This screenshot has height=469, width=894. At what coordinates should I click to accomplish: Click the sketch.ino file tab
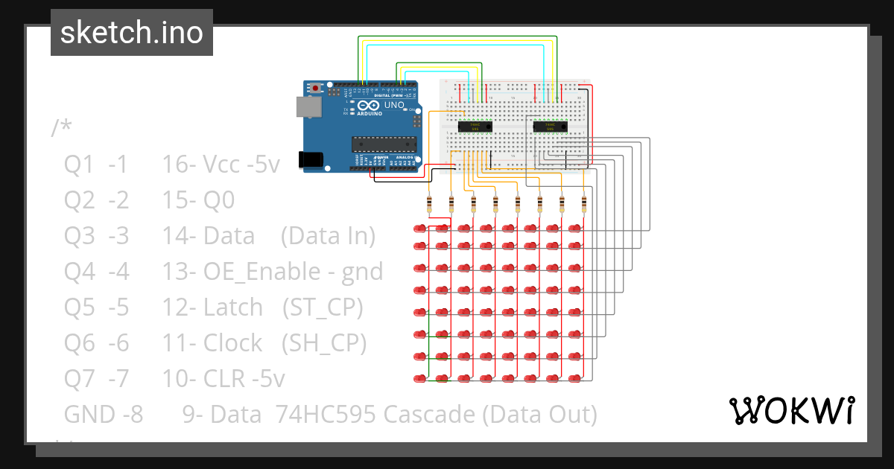click(x=131, y=33)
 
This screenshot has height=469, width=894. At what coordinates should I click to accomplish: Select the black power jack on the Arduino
click(x=311, y=159)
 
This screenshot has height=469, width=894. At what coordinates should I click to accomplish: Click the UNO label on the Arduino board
click(x=394, y=106)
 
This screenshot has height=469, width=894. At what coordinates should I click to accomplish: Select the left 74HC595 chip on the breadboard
click(x=475, y=127)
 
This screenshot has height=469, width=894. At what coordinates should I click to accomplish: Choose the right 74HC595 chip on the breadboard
click(x=551, y=127)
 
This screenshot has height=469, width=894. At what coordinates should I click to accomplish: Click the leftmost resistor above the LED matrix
click(x=429, y=205)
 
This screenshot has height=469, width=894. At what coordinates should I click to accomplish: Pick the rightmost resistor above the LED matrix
click(x=583, y=205)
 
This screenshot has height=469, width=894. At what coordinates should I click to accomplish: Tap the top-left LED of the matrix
click(x=420, y=227)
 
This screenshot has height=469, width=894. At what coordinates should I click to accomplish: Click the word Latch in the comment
click(x=232, y=307)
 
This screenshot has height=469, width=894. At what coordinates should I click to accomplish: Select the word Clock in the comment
click(x=232, y=342)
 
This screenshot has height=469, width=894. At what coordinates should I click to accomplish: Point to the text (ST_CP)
click(x=323, y=307)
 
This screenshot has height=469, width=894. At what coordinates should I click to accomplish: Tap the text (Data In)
click(x=329, y=235)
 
